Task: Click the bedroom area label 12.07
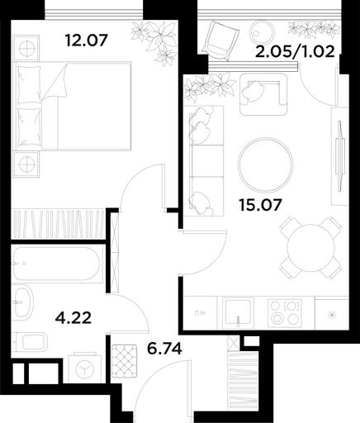(86, 40)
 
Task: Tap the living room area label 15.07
(260, 205)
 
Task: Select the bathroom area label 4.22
(73, 318)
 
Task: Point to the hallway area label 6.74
(164, 349)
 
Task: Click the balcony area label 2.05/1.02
(295, 51)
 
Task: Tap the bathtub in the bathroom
(55, 264)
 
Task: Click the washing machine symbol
(84, 367)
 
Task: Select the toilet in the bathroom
(31, 342)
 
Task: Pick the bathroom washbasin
(23, 302)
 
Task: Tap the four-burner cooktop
(285, 311)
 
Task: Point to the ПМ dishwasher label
(200, 313)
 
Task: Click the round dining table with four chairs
(311, 247)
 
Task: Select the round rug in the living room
(266, 165)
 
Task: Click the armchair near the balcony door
(263, 94)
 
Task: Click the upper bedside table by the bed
(26, 48)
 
